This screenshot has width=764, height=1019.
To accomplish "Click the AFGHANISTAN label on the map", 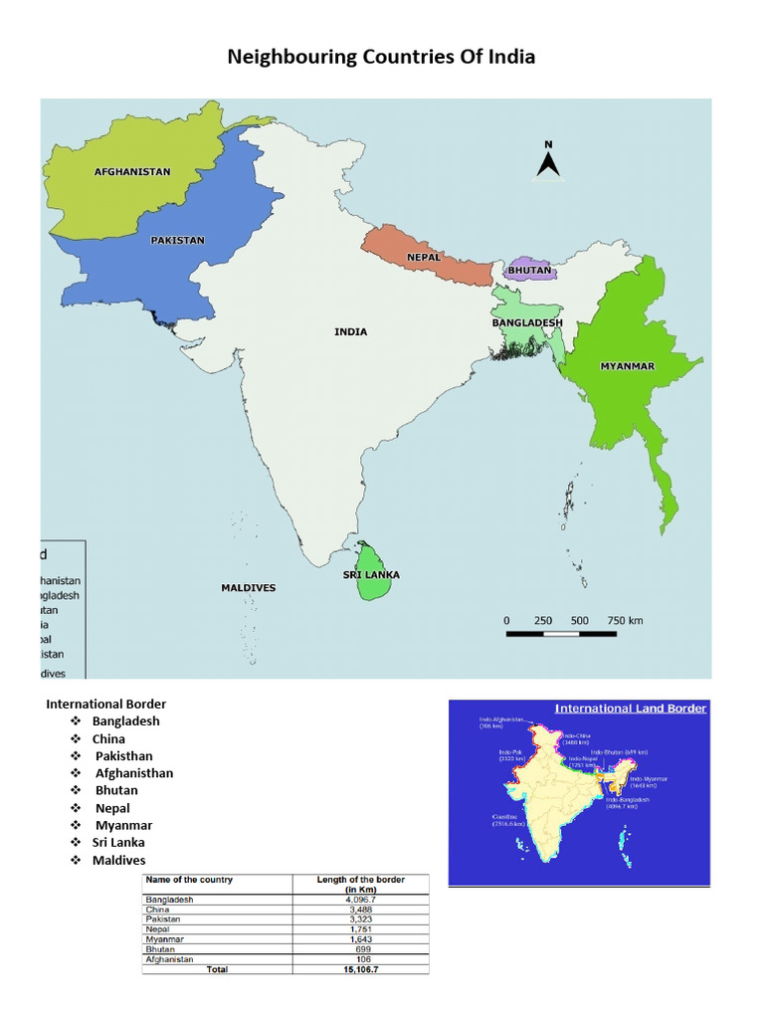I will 132,171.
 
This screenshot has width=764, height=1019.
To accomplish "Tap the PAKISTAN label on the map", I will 178,240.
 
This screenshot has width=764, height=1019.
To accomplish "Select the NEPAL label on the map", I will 423,257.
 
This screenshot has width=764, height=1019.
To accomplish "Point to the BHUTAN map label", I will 529,270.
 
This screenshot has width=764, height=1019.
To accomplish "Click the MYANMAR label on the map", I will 627,366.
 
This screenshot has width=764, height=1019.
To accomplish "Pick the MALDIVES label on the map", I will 248,588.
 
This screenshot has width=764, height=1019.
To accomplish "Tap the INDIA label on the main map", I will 350,331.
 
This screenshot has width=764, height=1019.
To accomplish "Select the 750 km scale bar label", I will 626,620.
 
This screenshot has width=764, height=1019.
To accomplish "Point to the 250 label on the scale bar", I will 543,620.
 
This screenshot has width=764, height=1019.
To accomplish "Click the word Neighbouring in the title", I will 289,57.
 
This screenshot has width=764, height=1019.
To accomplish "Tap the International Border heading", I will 105,705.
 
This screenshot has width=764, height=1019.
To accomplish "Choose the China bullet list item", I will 108,738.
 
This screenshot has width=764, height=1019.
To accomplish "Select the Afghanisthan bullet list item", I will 134,773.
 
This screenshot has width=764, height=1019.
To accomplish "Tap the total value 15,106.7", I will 360,969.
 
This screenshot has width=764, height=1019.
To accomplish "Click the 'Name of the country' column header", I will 189,880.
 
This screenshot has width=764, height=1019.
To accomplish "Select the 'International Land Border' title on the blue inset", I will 631,709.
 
